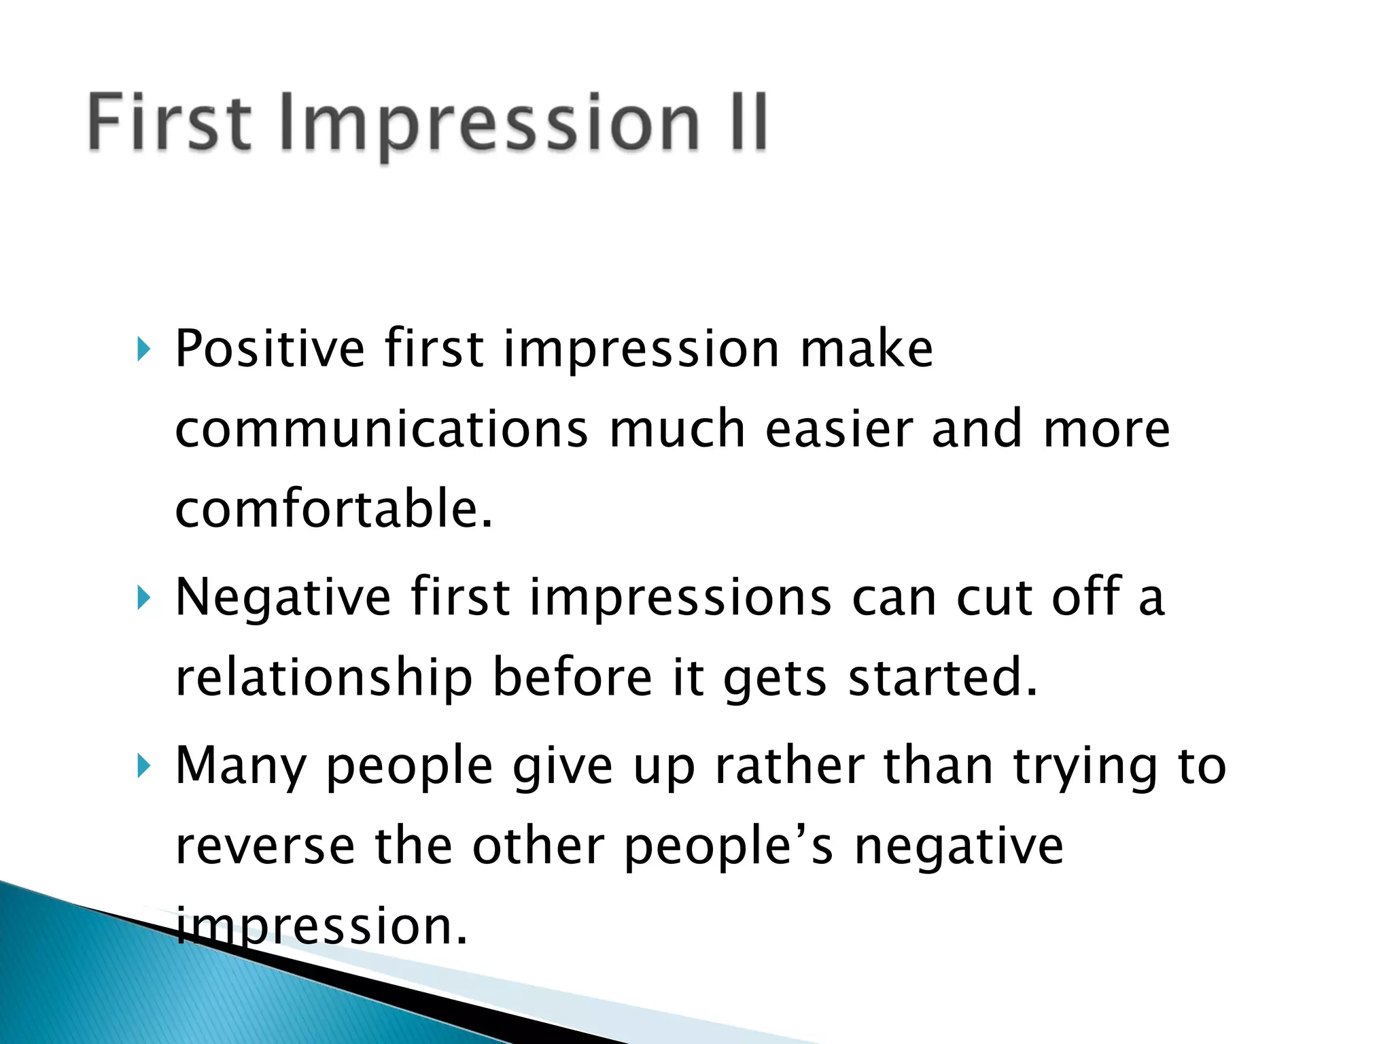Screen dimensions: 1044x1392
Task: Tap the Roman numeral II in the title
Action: (x=748, y=122)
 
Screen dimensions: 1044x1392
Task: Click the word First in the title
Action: (x=170, y=122)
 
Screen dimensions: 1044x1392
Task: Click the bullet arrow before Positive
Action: (x=142, y=350)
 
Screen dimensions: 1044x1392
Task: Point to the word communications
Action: (x=381, y=430)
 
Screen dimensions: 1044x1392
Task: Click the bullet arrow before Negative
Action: (x=142, y=599)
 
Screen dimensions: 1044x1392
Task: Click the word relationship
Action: (x=324, y=678)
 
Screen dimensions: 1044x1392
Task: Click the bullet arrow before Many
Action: (x=142, y=767)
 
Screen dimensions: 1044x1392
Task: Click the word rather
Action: (x=788, y=766)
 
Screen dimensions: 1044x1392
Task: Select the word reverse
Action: (x=265, y=847)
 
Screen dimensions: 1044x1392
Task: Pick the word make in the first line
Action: (x=866, y=349)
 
